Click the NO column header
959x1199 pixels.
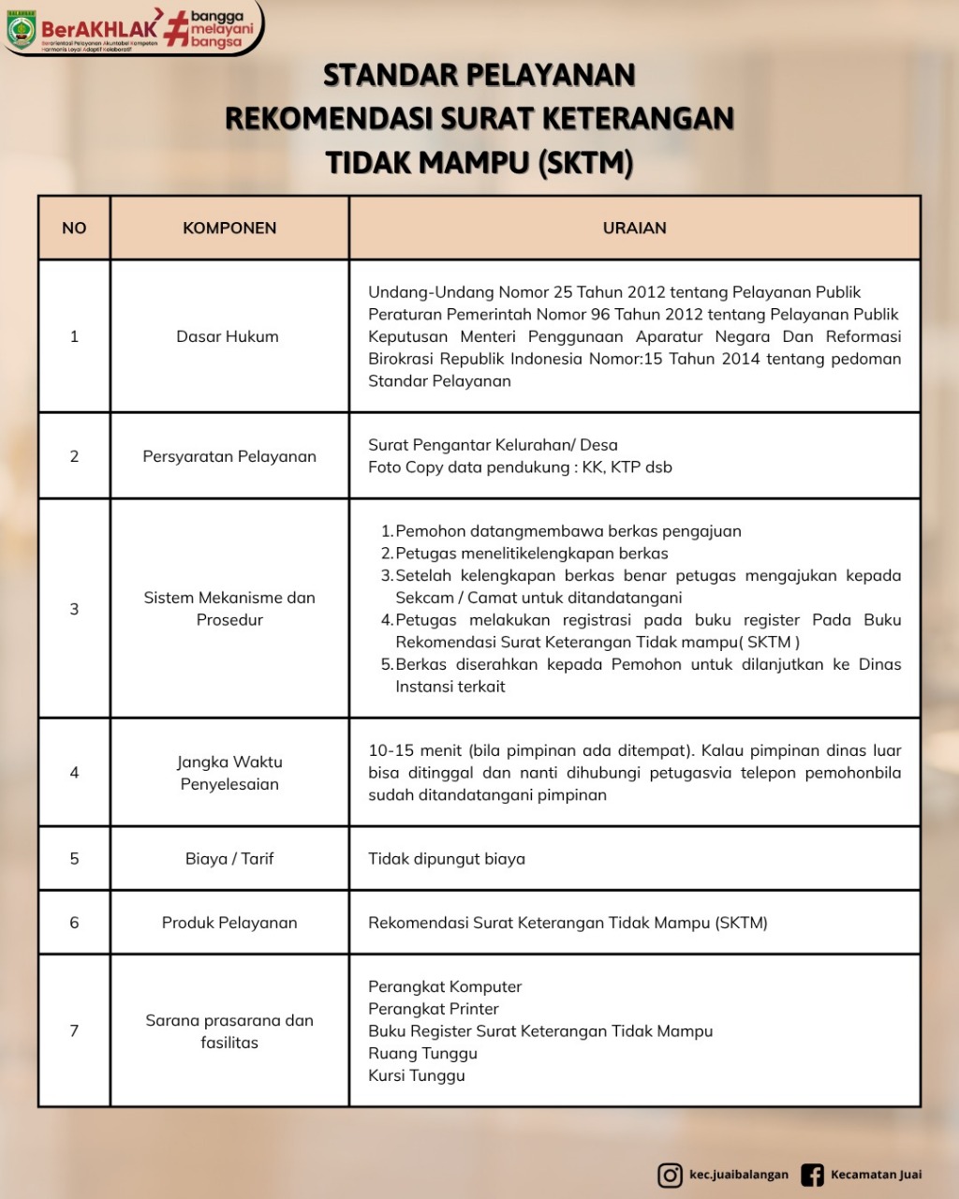click(x=74, y=228)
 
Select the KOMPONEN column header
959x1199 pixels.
click(x=229, y=228)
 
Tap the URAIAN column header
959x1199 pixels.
click(x=634, y=228)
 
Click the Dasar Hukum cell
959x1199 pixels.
click(x=228, y=336)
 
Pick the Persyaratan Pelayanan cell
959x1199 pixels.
click(x=229, y=456)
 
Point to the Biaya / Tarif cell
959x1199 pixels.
click(x=229, y=858)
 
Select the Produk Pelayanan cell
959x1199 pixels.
click(x=229, y=923)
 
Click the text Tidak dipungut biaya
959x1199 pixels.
click(x=447, y=859)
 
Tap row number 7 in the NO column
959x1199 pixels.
click(x=74, y=1030)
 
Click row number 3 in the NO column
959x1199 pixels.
click(x=74, y=609)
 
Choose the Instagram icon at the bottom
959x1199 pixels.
click(x=670, y=1175)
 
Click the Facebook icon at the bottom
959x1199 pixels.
click(x=812, y=1175)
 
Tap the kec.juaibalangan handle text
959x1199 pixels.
click(x=739, y=1175)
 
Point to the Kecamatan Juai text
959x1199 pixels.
click(x=876, y=1175)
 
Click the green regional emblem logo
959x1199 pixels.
click(x=21, y=30)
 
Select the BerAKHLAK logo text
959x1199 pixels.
click(x=99, y=29)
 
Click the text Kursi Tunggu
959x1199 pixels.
click(x=417, y=1075)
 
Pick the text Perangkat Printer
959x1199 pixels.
click(x=434, y=1009)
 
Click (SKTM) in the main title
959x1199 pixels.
click(x=585, y=163)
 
